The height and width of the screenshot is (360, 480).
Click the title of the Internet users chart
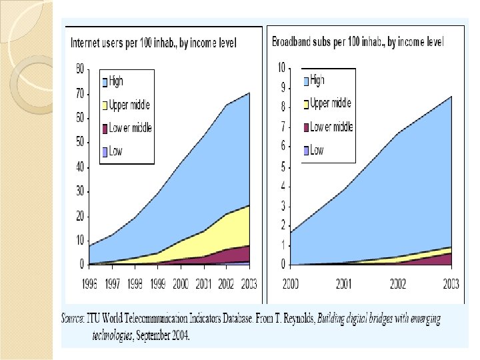[x=153, y=43]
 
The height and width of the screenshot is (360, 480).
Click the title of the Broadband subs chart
[x=358, y=42]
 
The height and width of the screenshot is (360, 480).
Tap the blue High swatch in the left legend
[x=105, y=82]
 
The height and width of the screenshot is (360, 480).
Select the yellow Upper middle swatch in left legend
[x=105, y=104]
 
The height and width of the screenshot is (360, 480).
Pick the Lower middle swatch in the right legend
[x=306, y=127]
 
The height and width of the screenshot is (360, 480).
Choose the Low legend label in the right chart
[x=317, y=150]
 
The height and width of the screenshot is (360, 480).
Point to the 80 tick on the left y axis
[x=80, y=69]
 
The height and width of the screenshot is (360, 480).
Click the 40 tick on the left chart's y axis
[x=80, y=167]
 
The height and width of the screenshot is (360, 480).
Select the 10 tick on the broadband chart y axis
[x=281, y=67]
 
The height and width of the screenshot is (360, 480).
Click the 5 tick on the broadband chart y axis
[x=282, y=166]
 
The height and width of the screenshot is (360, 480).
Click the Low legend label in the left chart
[x=116, y=151]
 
